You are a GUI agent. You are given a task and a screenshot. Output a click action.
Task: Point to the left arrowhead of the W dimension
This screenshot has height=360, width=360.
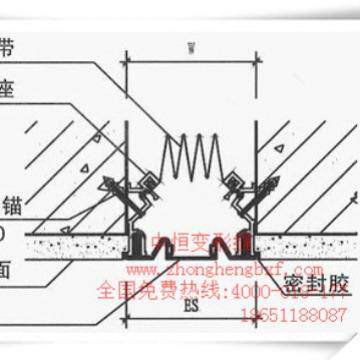coord(128,57)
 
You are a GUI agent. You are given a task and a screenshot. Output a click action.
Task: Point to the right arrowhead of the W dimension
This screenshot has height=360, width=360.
coord(255,57)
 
